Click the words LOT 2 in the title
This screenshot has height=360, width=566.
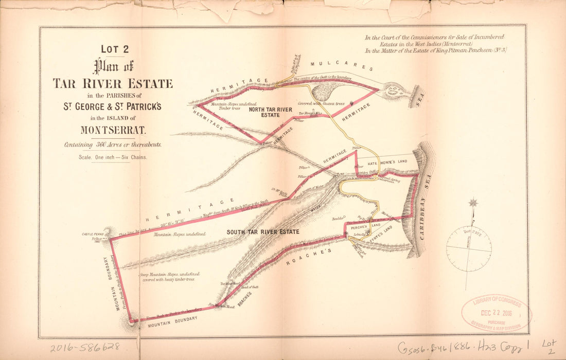point(114,49)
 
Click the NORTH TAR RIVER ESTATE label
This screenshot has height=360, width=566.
point(270,112)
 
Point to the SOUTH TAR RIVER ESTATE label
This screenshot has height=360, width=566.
point(263,232)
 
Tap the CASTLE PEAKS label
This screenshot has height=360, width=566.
point(93,235)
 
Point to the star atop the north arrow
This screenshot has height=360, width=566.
point(473,203)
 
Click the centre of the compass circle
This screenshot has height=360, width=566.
point(469,249)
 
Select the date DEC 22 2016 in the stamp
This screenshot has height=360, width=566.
point(497,312)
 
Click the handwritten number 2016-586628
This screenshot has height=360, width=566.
point(85,347)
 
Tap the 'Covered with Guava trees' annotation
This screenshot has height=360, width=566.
point(321,103)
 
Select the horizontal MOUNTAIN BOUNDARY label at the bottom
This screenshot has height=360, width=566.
point(173,319)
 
